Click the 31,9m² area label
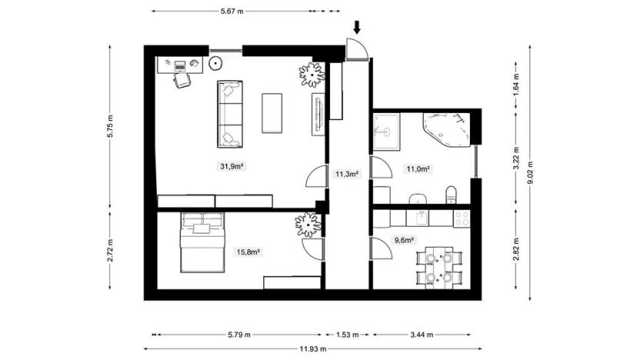click(x=232, y=166)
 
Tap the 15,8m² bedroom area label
click(x=248, y=252)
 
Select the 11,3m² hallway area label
click(x=348, y=174)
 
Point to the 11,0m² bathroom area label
click(x=417, y=168)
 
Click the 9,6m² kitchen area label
click(x=404, y=239)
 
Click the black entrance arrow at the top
click(x=357, y=28)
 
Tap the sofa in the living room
click(x=229, y=114)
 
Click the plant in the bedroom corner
click(x=307, y=224)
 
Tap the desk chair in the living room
click(x=182, y=80)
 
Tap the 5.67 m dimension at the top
click(x=232, y=12)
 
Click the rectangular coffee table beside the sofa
click(x=272, y=113)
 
